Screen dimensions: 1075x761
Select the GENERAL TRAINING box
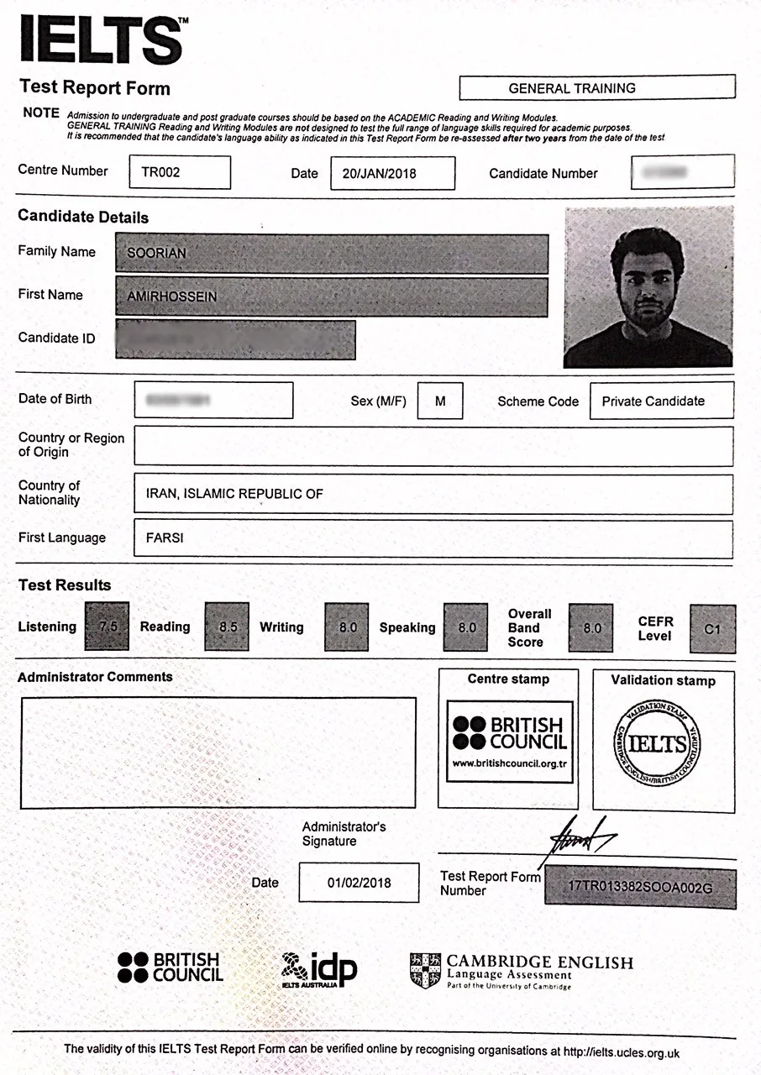pyautogui.click(x=596, y=87)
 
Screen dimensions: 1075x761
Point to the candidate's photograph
pyautogui.click(x=648, y=286)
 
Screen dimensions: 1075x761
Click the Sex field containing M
pyautogui.click(x=439, y=401)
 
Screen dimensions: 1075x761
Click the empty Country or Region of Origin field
pyautogui.click(x=433, y=446)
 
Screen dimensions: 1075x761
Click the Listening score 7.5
pyautogui.click(x=108, y=627)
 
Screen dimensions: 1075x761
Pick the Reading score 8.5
pyautogui.click(x=227, y=627)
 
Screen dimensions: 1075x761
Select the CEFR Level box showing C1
pyautogui.click(x=712, y=629)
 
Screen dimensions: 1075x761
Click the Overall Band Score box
pyautogui.click(x=591, y=627)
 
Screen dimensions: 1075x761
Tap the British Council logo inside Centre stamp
pyautogui.click(x=509, y=741)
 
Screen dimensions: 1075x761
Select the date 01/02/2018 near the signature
pyautogui.click(x=359, y=883)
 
